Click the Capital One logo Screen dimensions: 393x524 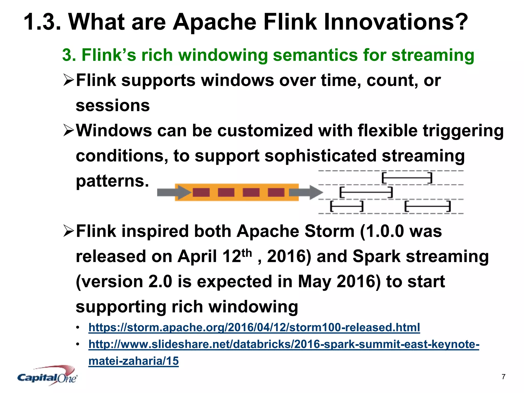point(47,376)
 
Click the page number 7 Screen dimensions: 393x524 point(503,377)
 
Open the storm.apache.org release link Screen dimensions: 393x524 point(254,327)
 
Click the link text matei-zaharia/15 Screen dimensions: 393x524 point(133,361)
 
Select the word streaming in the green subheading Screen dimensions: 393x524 point(433,55)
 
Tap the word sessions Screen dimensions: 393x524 point(113,105)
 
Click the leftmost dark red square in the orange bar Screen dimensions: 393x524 point(201,192)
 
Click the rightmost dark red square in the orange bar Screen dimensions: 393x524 point(276,192)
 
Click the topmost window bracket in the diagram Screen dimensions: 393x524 point(407,178)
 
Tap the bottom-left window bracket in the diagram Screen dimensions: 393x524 point(347,206)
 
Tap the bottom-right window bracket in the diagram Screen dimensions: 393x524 point(427,206)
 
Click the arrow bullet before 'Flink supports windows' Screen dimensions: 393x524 point(68,80)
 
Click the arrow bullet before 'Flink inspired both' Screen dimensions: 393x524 point(68,231)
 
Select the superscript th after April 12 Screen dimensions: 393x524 point(247,253)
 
